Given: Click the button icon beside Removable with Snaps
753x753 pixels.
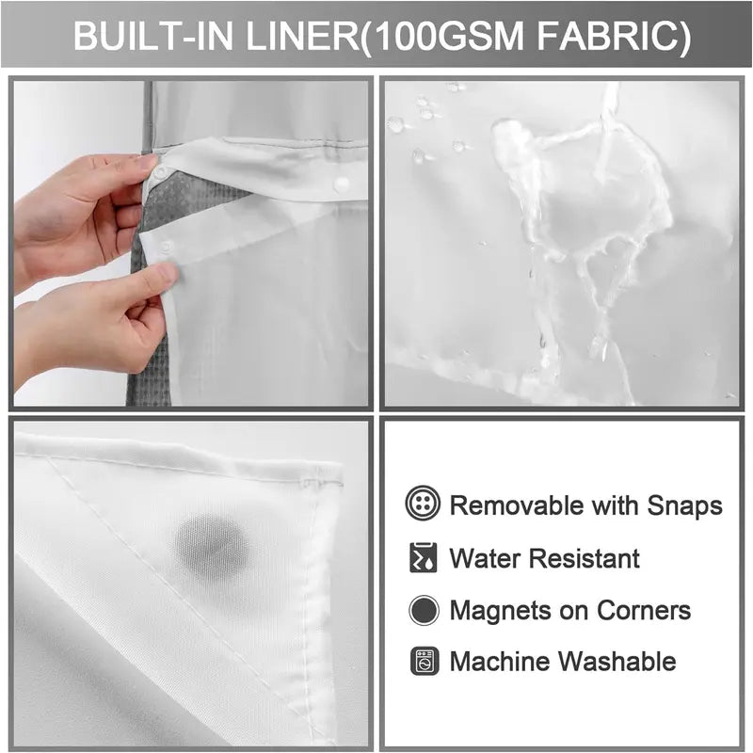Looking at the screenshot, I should tap(424, 505).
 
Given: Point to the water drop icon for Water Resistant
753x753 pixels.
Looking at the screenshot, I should tap(424, 558).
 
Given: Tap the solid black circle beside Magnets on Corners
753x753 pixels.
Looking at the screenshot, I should tap(424, 610).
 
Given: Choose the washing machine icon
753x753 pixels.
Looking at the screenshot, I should tap(424, 661).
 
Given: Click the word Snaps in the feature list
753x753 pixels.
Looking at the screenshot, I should tap(685, 505).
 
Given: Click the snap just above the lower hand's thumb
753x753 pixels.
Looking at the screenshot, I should tap(166, 248).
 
